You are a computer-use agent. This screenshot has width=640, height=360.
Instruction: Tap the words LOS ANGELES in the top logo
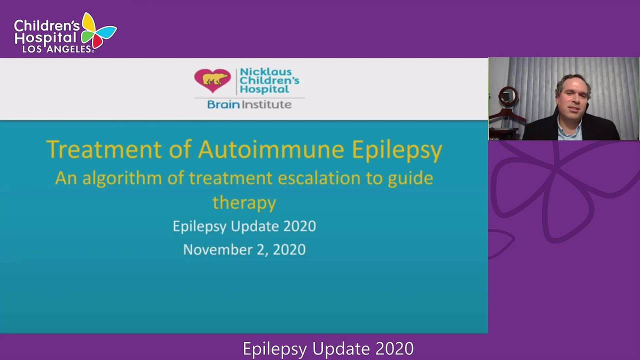57,49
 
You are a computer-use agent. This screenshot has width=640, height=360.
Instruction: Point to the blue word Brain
223,104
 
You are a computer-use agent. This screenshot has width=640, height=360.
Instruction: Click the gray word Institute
266,104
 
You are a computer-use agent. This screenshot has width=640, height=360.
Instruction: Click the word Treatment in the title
103,149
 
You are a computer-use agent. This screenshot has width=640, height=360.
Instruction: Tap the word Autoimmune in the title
271,149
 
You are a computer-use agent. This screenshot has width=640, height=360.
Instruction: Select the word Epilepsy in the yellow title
397,150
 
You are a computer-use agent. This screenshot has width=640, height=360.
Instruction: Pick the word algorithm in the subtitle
122,178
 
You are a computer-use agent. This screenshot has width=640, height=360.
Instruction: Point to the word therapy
244,203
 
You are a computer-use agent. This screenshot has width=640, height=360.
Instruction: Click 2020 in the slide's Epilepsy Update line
299,226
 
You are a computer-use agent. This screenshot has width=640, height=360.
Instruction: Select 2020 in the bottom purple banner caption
394,348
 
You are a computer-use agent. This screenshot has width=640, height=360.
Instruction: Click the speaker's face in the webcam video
572,100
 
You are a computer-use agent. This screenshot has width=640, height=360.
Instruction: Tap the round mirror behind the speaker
508,95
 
